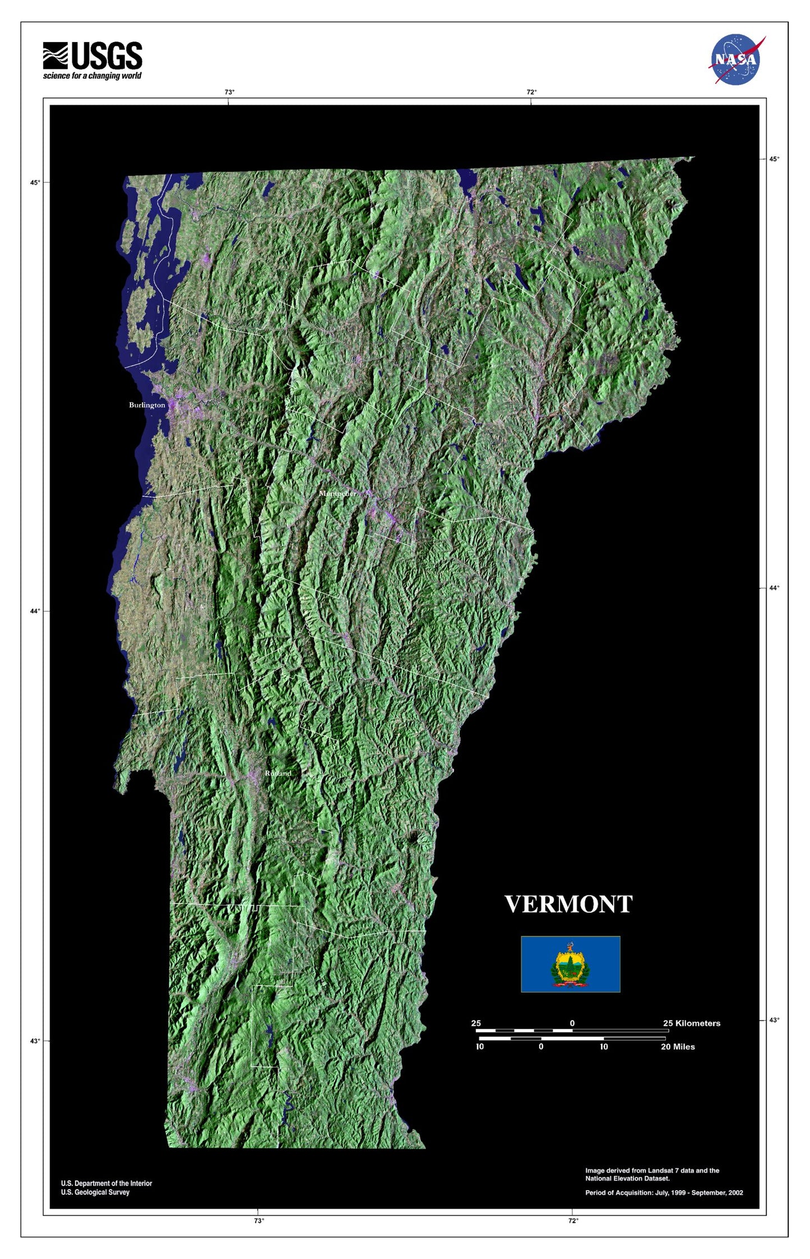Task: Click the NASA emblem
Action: (736, 59)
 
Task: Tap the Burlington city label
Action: (147, 405)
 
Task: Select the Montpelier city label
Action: (337, 493)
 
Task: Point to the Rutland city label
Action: (278, 773)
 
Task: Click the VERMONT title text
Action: (568, 904)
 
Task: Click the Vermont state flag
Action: (570, 963)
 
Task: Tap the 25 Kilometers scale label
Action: (691, 1023)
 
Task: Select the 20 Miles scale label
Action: (677, 1047)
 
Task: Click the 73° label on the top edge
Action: (229, 92)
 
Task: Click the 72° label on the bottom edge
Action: (572, 1221)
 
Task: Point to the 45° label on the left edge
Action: (35, 183)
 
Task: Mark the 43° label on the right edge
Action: (774, 1020)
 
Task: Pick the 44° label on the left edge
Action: (35, 611)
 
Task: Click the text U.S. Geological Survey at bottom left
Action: (95, 1192)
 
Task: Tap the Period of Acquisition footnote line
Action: (664, 1193)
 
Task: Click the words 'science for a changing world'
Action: (92, 76)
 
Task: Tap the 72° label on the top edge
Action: (531, 92)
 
